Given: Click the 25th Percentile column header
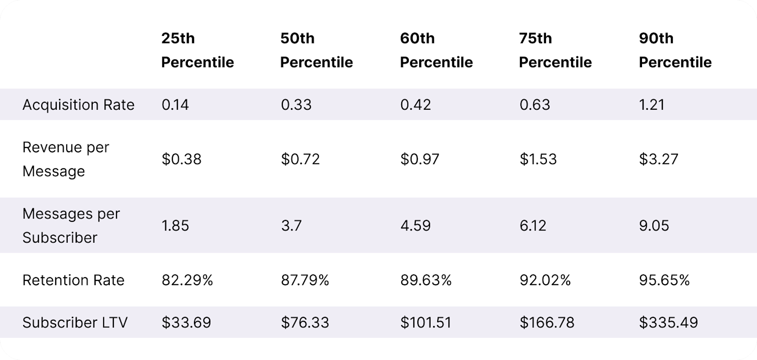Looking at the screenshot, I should [197, 50].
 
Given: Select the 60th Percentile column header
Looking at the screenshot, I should [436, 50].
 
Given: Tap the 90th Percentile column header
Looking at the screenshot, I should [675, 50].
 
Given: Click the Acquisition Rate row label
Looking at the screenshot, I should [79, 105].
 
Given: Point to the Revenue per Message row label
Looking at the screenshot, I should [66, 159].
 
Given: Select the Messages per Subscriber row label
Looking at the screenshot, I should [71, 225].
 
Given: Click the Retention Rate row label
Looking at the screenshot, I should [73, 280].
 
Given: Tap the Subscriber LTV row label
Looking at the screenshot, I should [75, 323].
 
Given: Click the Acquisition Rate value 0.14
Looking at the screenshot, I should [175, 105].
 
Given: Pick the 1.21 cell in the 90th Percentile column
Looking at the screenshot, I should [651, 105].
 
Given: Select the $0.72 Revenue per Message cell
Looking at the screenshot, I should [300, 159].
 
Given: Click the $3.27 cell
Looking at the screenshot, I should [659, 159].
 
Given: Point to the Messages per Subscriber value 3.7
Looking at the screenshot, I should [291, 225].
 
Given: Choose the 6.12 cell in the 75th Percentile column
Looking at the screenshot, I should [533, 225].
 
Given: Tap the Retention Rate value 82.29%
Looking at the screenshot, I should [187, 280].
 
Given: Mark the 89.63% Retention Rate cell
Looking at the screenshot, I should [426, 280].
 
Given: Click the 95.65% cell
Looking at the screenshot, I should [664, 280].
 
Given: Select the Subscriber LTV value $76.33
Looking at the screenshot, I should [305, 323].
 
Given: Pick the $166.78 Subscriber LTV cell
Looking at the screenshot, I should [547, 323].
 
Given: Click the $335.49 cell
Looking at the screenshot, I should [668, 323].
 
